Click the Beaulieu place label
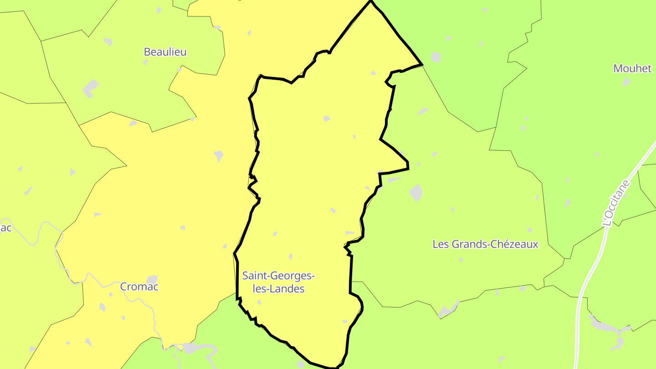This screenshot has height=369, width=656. tap(165, 52)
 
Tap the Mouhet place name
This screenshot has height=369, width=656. tap(632, 68)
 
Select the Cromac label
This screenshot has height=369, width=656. tap(139, 287)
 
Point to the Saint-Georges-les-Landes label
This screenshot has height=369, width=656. tap(278, 282)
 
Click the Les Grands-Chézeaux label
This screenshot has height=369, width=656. tap(485, 244)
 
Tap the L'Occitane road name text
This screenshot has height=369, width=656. tap(615, 203)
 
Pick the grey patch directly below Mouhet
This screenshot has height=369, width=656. tap(626, 82)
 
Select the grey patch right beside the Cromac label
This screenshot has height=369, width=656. tap(152, 279)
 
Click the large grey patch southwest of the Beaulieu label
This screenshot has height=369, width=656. tap(91, 88)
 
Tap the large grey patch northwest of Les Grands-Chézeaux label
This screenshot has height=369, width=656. tap(416, 193)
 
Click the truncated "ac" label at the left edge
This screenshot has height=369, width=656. tap(5, 227)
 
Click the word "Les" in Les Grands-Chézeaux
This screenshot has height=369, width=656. tap(441, 244)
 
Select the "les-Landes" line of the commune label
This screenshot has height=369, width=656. tap(278, 288)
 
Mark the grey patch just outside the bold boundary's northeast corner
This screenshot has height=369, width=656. tap(436, 57)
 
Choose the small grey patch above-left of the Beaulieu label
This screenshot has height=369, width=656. tap(108, 42)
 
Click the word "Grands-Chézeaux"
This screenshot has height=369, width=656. tap(495, 244)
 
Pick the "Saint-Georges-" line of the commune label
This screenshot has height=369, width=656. tap(278, 276)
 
